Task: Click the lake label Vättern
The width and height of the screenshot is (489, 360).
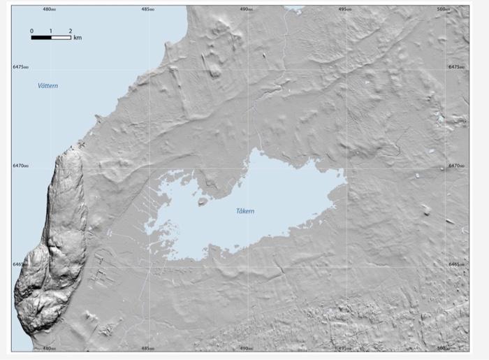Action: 48,85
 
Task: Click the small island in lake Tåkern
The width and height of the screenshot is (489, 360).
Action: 203,201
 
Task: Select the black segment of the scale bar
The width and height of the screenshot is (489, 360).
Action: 41,37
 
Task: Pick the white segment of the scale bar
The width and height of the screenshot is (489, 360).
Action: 61,37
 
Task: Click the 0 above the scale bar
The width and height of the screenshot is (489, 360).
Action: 31,31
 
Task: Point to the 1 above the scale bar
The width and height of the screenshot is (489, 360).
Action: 51,31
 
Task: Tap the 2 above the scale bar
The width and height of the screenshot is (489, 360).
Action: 71,31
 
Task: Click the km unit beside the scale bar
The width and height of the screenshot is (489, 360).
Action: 77,38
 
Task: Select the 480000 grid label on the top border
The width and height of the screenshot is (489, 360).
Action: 49,10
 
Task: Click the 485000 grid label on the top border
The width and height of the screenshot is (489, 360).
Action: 147,10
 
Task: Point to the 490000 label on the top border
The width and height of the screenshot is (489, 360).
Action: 246,10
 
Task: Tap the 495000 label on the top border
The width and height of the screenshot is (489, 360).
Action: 344,10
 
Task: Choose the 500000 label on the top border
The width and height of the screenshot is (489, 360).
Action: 443,10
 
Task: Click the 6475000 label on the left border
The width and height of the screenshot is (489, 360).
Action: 21,67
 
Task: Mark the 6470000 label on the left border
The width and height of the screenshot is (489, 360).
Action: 21,166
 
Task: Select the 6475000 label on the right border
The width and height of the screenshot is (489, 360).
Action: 457,67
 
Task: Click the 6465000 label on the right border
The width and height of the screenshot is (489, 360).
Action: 457,264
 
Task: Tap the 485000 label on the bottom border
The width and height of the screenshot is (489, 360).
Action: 147,347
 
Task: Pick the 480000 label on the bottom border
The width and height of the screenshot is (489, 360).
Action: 49,347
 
